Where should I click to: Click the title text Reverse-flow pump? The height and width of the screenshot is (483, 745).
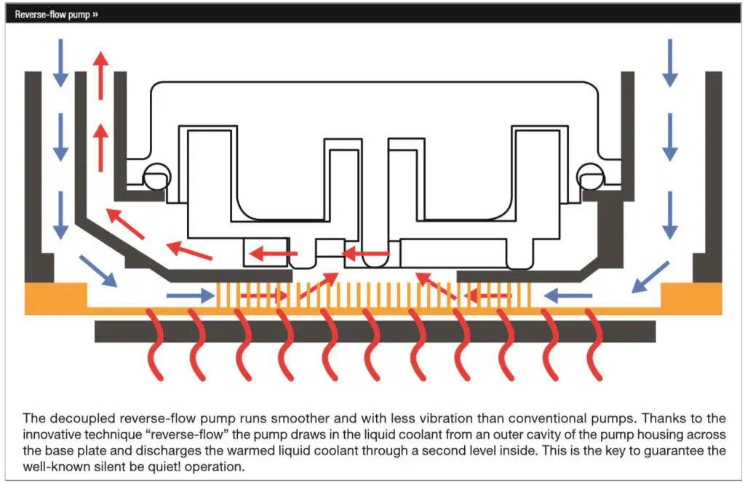click(52, 15)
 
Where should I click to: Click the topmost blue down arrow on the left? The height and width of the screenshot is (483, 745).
click(60, 63)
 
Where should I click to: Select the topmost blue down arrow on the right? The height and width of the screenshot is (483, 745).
click(670, 63)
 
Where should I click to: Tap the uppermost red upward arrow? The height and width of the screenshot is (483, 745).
click(100, 75)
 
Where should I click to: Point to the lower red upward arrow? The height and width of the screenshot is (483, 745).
click(100, 147)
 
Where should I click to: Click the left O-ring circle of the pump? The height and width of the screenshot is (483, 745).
click(157, 177)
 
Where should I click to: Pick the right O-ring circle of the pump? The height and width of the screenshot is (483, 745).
click(591, 177)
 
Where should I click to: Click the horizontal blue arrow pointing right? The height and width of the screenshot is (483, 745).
click(191, 296)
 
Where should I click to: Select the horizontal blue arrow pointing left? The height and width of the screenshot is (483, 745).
click(567, 296)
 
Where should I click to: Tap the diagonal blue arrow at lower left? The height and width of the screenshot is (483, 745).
click(98, 271)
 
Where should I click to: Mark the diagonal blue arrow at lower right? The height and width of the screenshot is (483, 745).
click(650, 277)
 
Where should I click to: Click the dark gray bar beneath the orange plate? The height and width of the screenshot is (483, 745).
click(375, 332)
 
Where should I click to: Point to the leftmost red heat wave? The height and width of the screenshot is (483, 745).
click(155, 345)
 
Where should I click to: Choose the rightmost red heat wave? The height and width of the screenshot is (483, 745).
click(594, 345)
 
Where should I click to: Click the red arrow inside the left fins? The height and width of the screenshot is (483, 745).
click(264, 296)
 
